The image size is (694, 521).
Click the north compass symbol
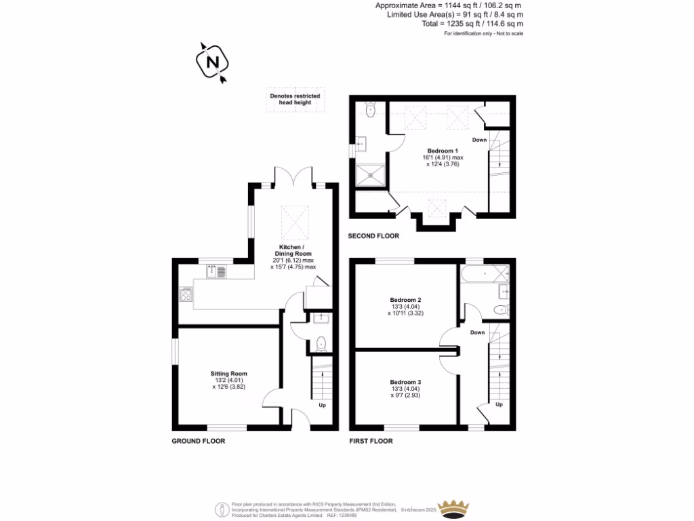pyautogui.click(x=212, y=61)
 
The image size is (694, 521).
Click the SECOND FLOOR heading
pyautogui.click(x=373, y=236)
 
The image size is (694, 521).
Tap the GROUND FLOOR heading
pyautogui.click(x=198, y=441)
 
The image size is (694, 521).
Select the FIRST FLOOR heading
pyautogui.click(x=371, y=441)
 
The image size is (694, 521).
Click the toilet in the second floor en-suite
pyautogui.click(x=369, y=110)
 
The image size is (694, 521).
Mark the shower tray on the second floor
pyautogui.click(x=371, y=174)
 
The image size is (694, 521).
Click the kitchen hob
pyautogui.click(x=186, y=294)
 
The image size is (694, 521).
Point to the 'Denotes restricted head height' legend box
pyautogui.click(x=295, y=100)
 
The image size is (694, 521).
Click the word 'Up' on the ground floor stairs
pyautogui.click(x=322, y=405)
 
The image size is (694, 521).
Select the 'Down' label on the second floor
pyautogui.click(x=479, y=140)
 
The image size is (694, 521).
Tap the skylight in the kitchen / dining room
pyautogui.click(x=293, y=218)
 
